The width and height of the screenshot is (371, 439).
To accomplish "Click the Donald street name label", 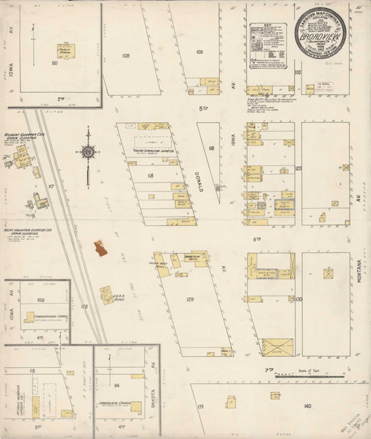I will coord(200,179).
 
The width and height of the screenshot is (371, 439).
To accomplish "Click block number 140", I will coord(306,405).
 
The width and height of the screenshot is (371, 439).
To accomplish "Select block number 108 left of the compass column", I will coord(125,56).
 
